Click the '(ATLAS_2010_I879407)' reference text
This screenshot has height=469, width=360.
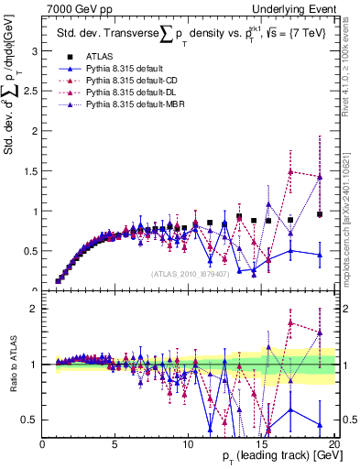coord(190,273)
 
